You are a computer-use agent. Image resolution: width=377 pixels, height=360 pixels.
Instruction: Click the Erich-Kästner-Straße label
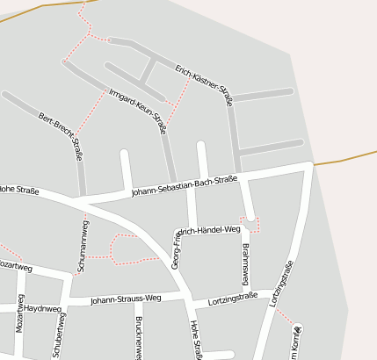[x=203, y=85]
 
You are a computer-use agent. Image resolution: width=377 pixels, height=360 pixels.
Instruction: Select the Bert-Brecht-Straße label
[x=61, y=136]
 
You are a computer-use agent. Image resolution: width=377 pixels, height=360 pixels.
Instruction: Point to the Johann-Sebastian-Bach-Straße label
[x=185, y=185]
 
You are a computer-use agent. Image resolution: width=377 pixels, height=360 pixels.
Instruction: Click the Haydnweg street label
[x=42, y=309]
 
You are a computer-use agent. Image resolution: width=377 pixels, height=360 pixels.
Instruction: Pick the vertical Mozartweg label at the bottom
[x=20, y=336]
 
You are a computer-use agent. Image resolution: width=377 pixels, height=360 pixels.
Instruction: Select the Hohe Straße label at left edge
[x=18, y=189]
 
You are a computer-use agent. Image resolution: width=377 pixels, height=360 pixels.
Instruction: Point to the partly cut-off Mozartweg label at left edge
[x=16, y=264]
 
